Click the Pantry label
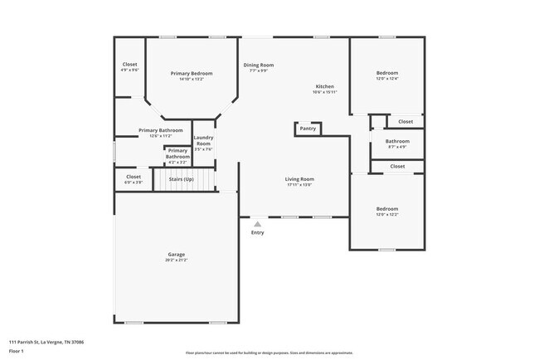point(308,129)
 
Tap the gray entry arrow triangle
point(257,223)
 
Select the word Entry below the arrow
point(257,232)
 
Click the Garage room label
point(177,254)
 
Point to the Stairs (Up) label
point(181,178)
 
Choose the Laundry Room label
point(203,141)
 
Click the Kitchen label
point(324,87)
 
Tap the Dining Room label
point(258,65)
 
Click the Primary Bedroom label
point(192,74)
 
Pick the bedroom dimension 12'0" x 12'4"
point(386,79)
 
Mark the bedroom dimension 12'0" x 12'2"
point(386,215)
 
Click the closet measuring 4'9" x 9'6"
point(130,70)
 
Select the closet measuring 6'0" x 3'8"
point(134,182)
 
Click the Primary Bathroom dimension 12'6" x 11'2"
point(160,136)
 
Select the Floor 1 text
point(17,351)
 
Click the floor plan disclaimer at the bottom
point(269,353)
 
